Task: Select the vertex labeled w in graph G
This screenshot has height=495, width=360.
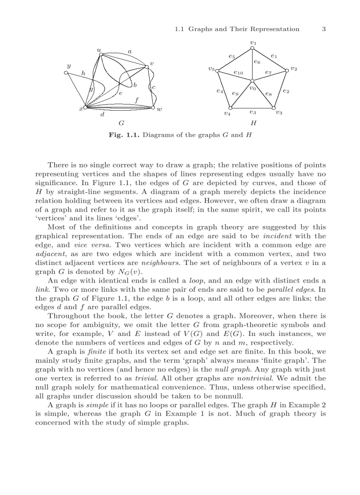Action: [x=153, y=108]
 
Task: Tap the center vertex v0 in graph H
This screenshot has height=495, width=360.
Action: [x=252, y=81]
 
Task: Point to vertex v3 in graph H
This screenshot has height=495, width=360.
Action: [x=274, y=108]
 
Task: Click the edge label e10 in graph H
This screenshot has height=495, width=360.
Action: [x=238, y=73]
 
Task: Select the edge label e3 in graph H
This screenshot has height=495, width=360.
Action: [x=253, y=113]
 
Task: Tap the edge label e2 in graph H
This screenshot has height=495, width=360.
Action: [x=286, y=91]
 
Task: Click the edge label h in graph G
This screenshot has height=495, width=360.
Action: [x=83, y=73]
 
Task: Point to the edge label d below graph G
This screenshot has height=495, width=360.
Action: [x=102, y=115]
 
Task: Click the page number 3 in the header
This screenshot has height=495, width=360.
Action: [x=323, y=29]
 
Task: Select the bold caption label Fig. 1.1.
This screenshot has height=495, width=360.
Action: [x=124, y=135]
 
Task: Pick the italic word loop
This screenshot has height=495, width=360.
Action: [x=196, y=281]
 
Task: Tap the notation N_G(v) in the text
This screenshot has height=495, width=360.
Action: [x=128, y=272]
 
